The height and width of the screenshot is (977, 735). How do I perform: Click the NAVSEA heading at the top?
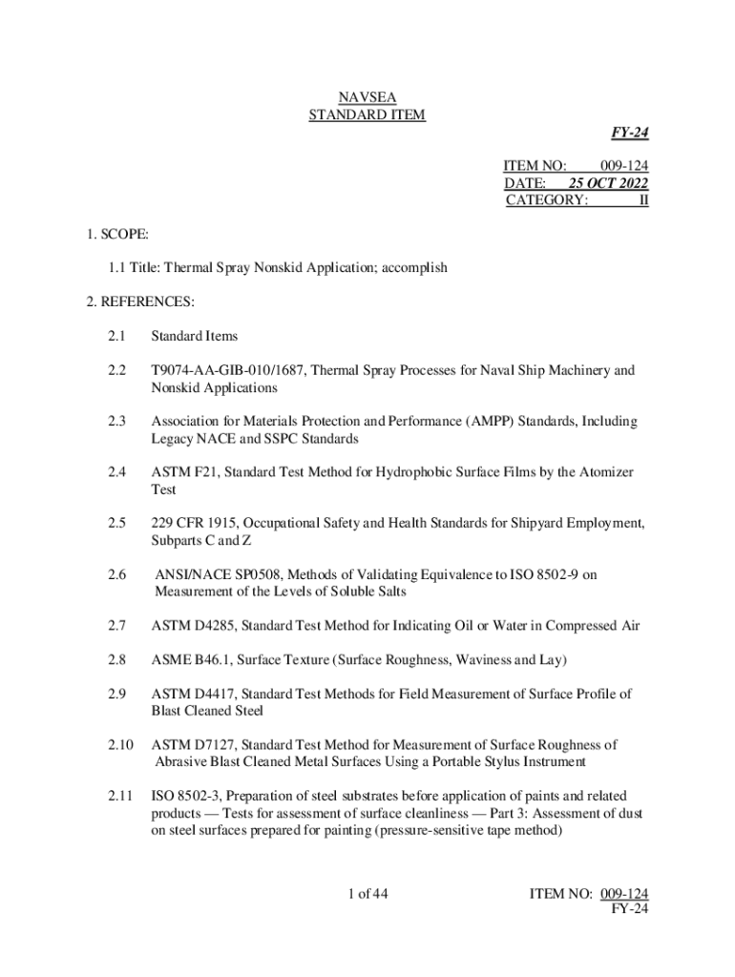pos(367,96)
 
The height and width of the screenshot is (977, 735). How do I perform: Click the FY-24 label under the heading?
pos(630,134)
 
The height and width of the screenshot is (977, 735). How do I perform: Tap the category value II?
pos(642,199)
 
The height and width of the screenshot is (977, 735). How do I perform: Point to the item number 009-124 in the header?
pos(624,165)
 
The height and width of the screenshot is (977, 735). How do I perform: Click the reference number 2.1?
pos(116,336)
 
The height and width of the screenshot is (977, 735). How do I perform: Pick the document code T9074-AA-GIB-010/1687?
pos(226,370)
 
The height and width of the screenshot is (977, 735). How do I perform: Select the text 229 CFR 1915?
pos(196,523)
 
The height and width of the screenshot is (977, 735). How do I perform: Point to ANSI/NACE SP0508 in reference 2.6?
pos(216,574)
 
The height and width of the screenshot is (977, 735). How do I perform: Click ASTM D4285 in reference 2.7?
pos(194,625)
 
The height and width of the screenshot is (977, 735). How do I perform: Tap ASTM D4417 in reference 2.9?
pos(194,694)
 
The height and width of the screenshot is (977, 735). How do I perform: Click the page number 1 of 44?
pos(367,894)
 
